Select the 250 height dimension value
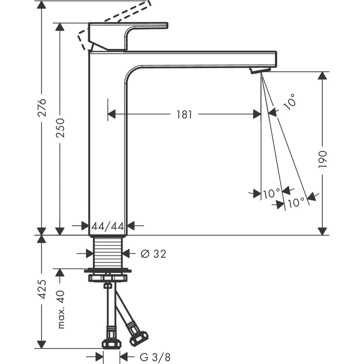coord(60,128)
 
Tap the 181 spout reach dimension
coord(184,114)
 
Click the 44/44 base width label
coord(108,226)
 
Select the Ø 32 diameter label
coord(153,254)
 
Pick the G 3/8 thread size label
coord(156,357)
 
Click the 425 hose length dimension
coord(43,289)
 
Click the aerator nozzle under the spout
coord(260,70)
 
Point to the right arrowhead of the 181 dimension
coord(257,114)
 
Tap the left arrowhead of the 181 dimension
coord(112,114)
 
